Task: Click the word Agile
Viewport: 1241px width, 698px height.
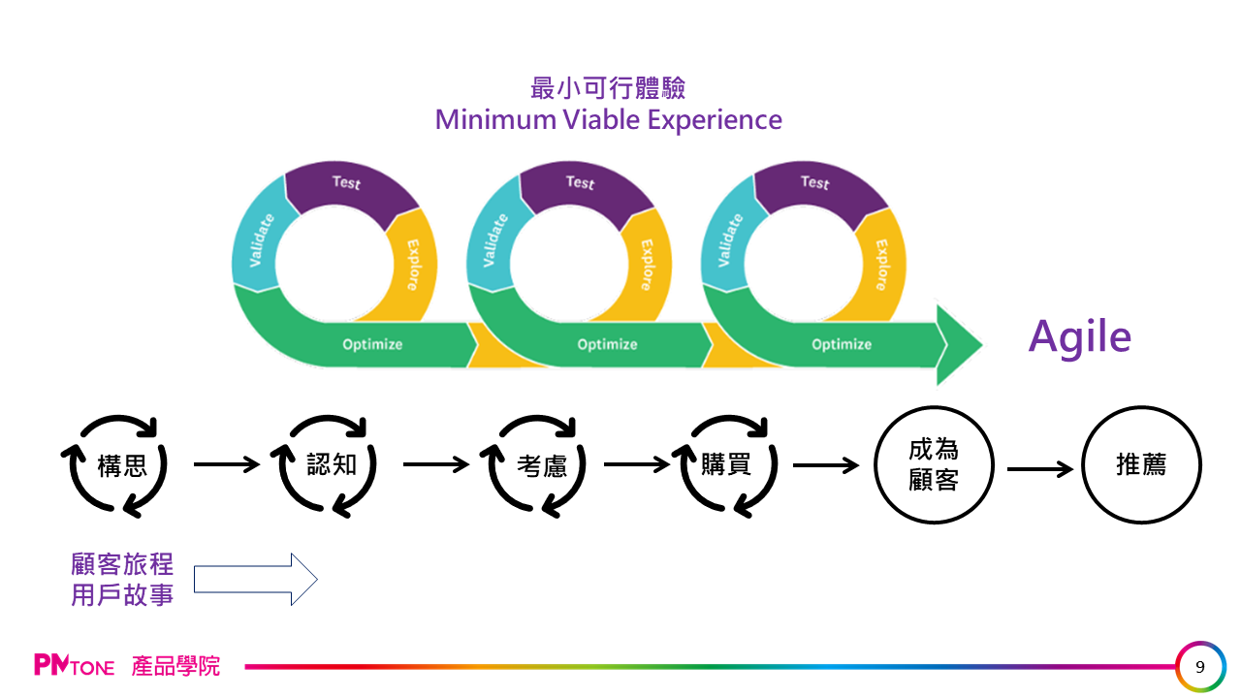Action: click(1079, 336)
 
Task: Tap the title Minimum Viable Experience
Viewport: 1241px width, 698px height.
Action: click(608, 119)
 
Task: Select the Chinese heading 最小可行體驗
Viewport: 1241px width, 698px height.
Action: click(608, 88)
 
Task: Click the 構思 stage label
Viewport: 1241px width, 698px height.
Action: click(122, 465)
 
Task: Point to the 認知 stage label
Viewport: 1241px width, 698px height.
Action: click(332, 465)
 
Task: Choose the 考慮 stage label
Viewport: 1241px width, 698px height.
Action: click(542, 466)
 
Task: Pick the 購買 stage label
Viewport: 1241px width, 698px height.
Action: click(726, 465)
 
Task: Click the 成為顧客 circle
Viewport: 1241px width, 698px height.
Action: click(934, 465)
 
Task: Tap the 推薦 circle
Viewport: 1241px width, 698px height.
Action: click(1141, 465)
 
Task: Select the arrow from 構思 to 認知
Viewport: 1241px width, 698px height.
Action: click(227, 465)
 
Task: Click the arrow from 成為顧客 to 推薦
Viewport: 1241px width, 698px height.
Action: click(1039, 469)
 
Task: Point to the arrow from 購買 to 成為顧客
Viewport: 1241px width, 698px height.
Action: click(826, 465)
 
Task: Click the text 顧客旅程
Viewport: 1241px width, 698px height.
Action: click(122, 564)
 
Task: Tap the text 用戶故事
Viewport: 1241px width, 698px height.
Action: click(122, 594)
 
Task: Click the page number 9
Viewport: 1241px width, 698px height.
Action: click(1200, 667)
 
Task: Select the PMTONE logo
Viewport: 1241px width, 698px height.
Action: click(74, 666)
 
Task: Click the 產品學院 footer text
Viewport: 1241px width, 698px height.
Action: click(175, 666)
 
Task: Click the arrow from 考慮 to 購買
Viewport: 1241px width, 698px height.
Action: click(637, 465)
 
